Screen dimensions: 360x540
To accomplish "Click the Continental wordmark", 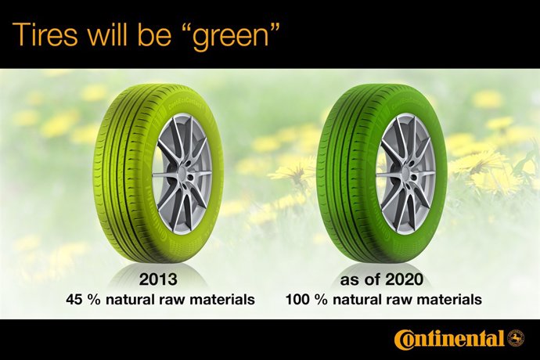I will pyautogui.click(x=449, y=340).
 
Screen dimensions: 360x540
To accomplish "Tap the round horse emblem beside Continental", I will pyautogui.click(x=515, y=339).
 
